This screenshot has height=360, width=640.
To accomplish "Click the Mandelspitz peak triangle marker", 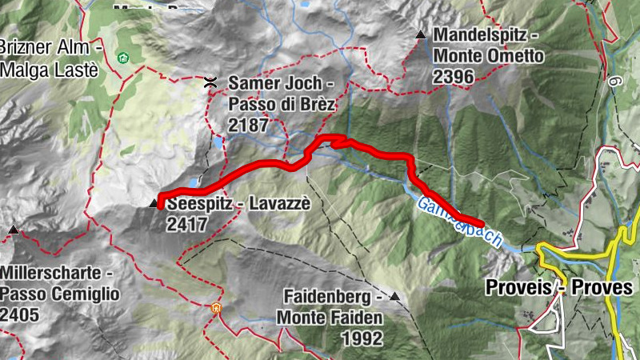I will (x=420, y=34).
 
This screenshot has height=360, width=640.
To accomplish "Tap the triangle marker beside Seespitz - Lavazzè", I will (x=154, y=204).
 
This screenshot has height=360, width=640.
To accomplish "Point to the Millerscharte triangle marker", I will (x=13, y=231).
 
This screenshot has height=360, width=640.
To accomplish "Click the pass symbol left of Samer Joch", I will (x=210, y=82).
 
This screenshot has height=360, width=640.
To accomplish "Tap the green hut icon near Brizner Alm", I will (x=122, y=58).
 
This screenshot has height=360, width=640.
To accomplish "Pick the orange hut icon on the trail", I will (x=215, y=307).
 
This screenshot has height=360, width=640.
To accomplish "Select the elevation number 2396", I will (x=453, y=77).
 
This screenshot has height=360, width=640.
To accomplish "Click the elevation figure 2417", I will (x=187, y=225).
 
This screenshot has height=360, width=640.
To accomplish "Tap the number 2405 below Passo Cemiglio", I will (x=20, y=314).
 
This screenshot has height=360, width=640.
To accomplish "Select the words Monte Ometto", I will (x=488, y=57).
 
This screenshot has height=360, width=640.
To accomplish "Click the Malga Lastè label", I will (x=49, y=70).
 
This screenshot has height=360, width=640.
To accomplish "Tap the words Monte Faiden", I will (x=330, y=318).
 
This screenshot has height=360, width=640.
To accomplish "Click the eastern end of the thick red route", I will (x=482, y=223).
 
